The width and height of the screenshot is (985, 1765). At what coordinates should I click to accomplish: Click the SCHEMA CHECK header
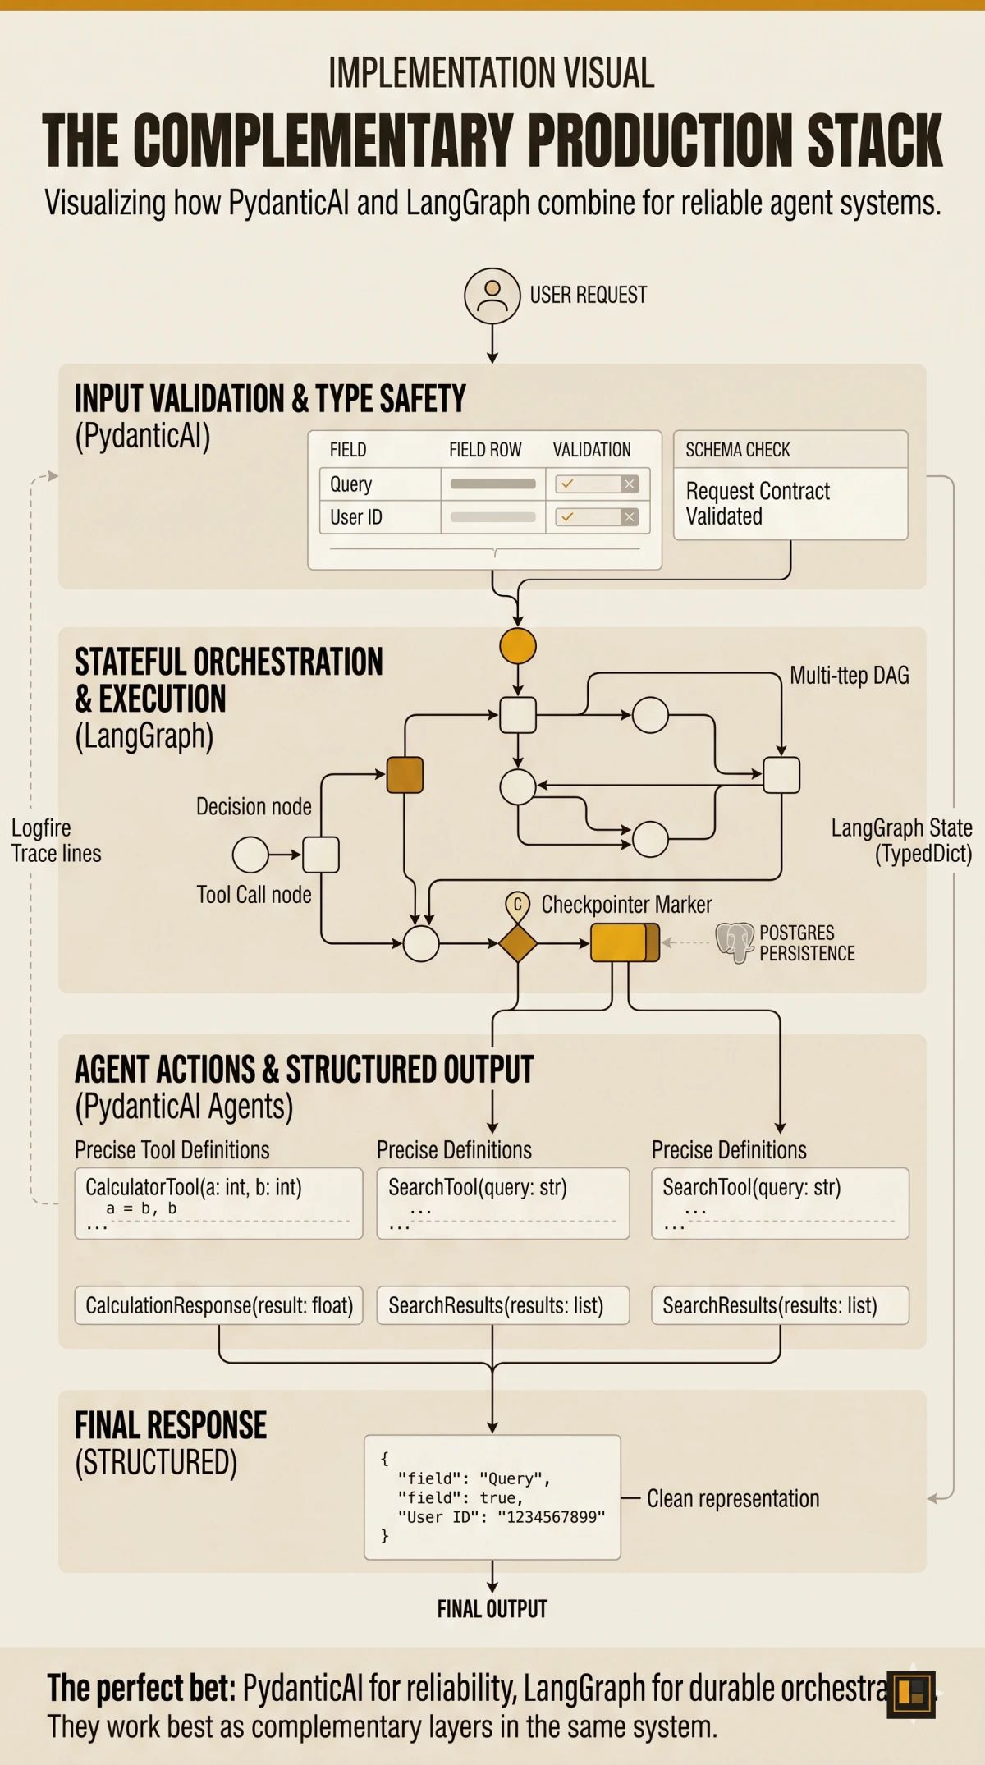pyautogui.click(x=737, y=450)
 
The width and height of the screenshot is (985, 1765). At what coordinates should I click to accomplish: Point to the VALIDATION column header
pyautogui.click(x=592, y=450)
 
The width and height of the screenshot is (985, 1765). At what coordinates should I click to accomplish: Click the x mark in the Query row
pyautogui.click(x=630, y=484)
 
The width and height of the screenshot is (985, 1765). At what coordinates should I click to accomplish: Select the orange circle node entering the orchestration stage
pyautogui.click(x=518, y=646)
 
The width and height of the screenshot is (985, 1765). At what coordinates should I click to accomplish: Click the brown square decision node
pyautogui.click(x=405, y=775)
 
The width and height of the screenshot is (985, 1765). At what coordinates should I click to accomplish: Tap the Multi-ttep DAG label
pyautogui.click(x=849, y=676)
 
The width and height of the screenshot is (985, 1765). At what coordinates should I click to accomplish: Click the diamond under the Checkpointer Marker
pyautogui.click(x=518, y=943)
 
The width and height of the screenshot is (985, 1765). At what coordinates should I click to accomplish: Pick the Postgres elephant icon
pyautogui.click(x=735, y=942)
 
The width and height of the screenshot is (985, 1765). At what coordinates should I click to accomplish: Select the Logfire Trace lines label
pyautogui.click(x=56, y=841)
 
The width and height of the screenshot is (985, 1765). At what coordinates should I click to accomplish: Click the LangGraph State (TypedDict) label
pyautogui.click(x=901, y=841)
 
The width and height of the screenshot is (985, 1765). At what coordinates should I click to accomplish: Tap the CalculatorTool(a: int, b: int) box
pyautogui.click(x=218, y=1203)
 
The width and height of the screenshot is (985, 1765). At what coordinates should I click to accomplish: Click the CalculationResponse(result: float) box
pyautogui.click(x=218, y=1305)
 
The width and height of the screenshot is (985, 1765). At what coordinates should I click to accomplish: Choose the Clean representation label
pyautogui.click(x=733, y=1499)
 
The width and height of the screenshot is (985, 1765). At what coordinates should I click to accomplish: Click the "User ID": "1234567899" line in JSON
pyautogui.click(x=501, y=1517)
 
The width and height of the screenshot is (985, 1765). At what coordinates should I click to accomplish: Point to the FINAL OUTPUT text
pyautogui.click(x=492, y=1609)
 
